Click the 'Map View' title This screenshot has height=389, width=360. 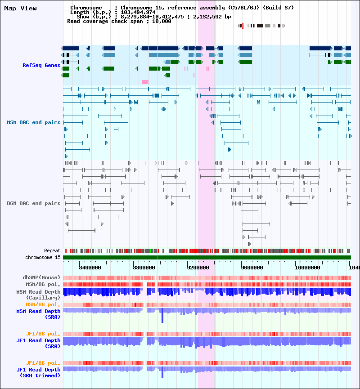pos(20,8)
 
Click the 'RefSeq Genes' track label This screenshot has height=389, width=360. pos(41,65)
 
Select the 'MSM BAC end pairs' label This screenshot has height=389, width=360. pos(33,122)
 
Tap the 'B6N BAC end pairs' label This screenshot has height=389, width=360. pos(33,203)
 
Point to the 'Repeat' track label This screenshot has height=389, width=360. pos(52,250)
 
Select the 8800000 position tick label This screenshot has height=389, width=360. pos(144,268)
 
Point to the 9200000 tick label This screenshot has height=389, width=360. pos(198,268)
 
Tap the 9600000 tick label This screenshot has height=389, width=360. pos(252,268)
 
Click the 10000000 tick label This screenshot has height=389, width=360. pos(307,268)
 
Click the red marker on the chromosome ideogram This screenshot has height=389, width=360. pos(243,26)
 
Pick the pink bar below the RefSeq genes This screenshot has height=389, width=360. pos(145,82)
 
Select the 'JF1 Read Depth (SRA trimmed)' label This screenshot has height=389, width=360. pos(38,372)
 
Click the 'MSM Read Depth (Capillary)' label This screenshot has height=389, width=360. pos(38,295)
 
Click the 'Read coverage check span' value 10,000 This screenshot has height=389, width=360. pos(162,21)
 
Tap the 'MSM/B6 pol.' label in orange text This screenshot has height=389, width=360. pos(43,304)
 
